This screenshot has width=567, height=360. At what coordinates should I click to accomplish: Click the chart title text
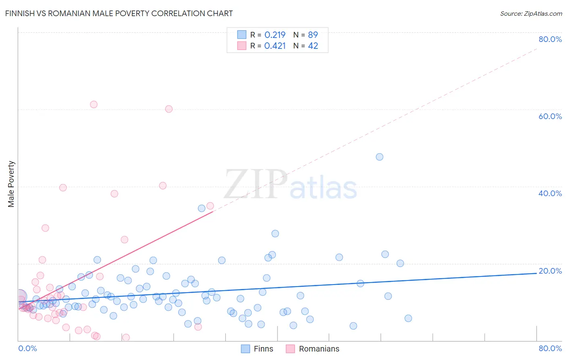click(x=119, y=13)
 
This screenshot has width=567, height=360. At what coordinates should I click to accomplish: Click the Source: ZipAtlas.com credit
click(x=531, y=13)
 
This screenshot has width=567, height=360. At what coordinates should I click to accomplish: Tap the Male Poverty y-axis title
click(x=11, y=184)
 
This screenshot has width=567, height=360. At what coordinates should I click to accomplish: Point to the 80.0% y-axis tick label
click(x=550, y=39)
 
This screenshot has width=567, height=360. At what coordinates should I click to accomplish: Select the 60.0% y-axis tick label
click(x=550, y=116)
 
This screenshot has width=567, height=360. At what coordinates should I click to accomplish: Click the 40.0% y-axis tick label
click(x=550, y=193)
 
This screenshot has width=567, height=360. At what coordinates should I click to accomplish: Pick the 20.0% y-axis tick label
click(x=550, y=271)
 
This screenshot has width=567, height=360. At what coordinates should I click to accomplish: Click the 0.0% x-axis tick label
click(x=27, y=348)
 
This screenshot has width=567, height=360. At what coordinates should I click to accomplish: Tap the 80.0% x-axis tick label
click(x=550, y=348)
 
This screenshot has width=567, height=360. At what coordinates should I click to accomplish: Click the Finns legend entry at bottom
click(x=257, y=349)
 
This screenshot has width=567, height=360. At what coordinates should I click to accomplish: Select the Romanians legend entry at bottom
click(x=313, y=349)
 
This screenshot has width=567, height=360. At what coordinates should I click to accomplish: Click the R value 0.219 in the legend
click(x=275, y=35)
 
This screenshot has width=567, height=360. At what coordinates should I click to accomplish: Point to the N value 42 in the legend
click(x=313, y=46)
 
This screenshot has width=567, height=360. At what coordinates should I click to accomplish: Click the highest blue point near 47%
click(x=379, y=157)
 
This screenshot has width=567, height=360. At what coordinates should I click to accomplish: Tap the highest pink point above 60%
click(x=94, y=105)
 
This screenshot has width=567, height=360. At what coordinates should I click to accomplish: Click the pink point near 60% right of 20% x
click(x=169, y=109)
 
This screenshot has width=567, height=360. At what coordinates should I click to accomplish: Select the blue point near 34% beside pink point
click(x=202, y=208)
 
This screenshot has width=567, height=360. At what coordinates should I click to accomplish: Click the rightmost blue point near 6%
click(x=408, y=318)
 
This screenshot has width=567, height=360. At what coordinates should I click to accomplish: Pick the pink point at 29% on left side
click(x=45, y=228)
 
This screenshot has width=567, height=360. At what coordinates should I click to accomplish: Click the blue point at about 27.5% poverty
click(x=275, y=234)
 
